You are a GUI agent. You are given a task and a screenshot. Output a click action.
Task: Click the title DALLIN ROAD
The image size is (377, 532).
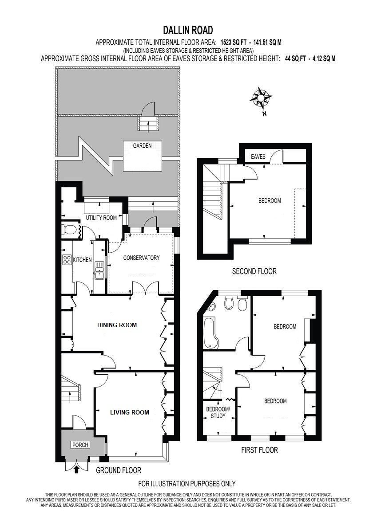188,30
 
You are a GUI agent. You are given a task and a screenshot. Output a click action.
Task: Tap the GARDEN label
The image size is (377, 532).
142,145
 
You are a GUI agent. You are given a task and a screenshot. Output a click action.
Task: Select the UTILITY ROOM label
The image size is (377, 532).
101,218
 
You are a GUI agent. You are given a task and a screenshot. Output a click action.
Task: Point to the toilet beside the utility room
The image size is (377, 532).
70,230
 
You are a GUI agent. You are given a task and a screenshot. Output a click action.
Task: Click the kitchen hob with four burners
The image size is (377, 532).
67,260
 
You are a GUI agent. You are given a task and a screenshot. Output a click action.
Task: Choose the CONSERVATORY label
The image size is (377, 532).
141,258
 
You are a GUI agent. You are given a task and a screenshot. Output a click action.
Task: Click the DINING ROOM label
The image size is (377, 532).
117,325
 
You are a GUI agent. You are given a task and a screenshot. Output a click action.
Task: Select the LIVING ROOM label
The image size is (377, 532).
130,412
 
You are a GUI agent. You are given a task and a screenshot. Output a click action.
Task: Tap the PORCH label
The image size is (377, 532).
80,445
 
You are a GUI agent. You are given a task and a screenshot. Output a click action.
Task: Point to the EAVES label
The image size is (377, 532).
258,156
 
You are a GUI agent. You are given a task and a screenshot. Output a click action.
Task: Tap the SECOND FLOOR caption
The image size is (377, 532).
254,271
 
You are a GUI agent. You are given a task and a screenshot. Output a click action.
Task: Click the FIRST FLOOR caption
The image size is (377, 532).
259,450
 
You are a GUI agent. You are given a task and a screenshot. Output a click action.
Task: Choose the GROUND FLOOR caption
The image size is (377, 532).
119,470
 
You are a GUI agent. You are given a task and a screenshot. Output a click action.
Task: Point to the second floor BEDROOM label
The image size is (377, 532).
270,200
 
